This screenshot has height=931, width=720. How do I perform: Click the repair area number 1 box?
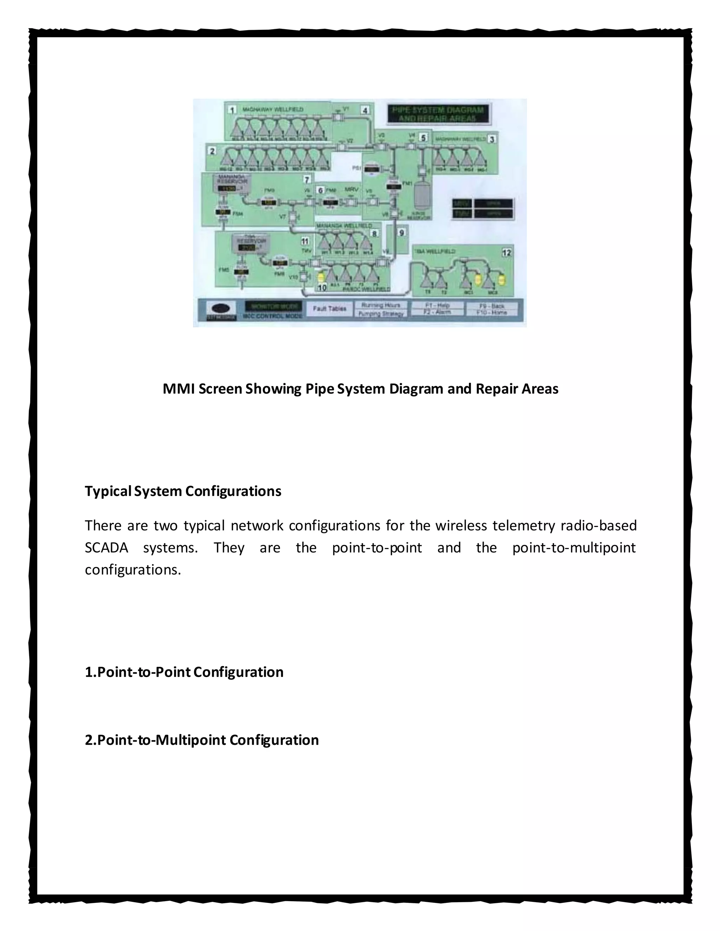tap(232, 110)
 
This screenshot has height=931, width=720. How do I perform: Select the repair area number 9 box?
tap(401, 232)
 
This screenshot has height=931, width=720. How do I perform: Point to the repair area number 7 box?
tap(306, 180)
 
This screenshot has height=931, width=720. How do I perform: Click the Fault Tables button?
tap(329, 308)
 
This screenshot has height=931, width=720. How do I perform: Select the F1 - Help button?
tap(437, 305)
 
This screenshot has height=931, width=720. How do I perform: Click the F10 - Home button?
tap(492, 312)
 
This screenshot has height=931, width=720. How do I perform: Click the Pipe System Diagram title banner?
tap(438, 114)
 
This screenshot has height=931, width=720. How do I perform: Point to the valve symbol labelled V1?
tap(337, 116)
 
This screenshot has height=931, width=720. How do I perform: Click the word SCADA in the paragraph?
tap(106, 548)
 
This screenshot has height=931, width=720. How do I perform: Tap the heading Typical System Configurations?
tap(183, 491)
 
